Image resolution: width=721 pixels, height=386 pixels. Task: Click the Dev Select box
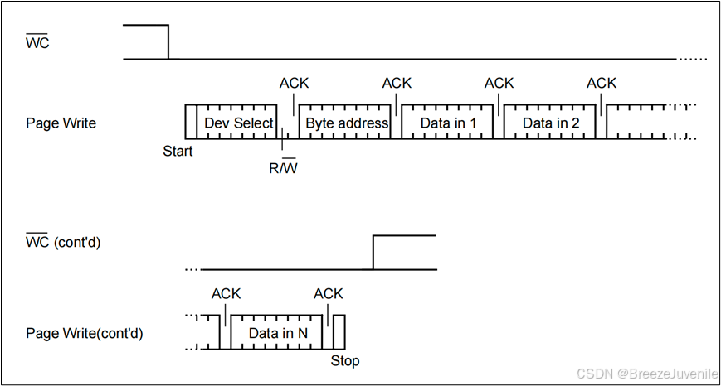pos(238,123)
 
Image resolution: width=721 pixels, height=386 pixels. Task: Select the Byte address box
pos(346,123)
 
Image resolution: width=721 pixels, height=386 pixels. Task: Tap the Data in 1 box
pos(448,123)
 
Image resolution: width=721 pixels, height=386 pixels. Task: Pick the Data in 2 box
pos(550,123)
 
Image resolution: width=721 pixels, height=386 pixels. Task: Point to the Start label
pos(178,152)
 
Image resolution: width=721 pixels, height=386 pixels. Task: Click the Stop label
pos(345,362)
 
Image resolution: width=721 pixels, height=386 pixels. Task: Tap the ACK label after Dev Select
pos(295,83)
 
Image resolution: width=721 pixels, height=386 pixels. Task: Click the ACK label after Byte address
pos(397,83)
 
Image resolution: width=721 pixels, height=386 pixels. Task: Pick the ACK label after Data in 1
pos(499,83)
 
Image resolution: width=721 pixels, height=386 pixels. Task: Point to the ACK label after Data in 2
pos(602,83)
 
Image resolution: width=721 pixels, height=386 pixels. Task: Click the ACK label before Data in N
pos(227,294)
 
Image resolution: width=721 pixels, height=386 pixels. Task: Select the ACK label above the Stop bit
pos(329,294)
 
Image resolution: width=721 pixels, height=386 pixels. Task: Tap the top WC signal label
pos(38,42)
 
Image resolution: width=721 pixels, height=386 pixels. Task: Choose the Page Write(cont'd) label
pos(85,334)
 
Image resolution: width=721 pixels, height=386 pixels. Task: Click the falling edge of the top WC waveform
pos(168,42)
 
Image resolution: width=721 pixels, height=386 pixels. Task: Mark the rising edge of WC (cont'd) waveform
pos(373,253)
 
